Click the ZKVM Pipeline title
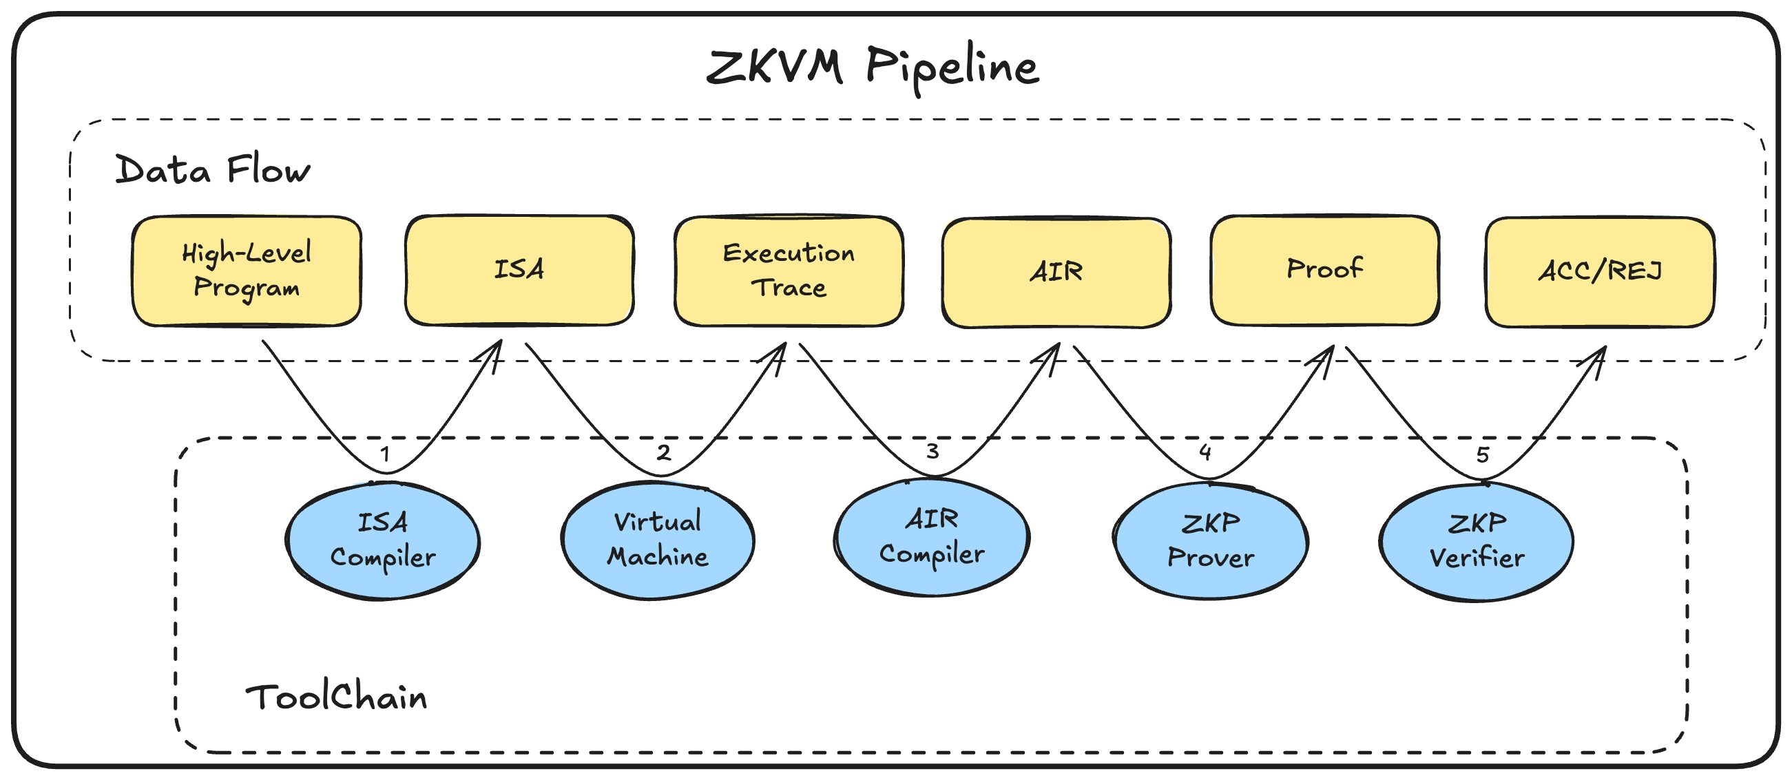tap(873, 67)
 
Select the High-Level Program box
tap(247, 271)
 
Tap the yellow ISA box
tap(519, 270)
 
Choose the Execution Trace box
tap(788, 271)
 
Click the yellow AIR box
tap(1056, 272)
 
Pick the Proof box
tap(1324, 270)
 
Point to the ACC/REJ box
tap(1599, 272)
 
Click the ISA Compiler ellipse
tap(383, 541)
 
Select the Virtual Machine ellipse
tap(658, 540)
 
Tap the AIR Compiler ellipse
tap(932, 537)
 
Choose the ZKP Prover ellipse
tap(1211, 540)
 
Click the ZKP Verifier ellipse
tap(1476, 541)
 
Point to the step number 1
tap(385, 454)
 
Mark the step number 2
tap(664, 452)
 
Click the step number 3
tap(933, 451)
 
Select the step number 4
tap(1205, 452)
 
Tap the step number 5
tap(1483, 454)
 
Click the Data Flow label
tap(212, 170)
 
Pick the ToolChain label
tap(336, 697)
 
